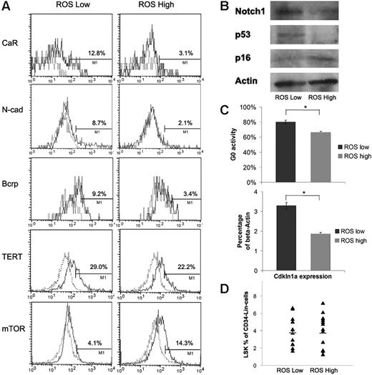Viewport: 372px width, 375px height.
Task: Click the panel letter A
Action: tap(6, 7)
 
